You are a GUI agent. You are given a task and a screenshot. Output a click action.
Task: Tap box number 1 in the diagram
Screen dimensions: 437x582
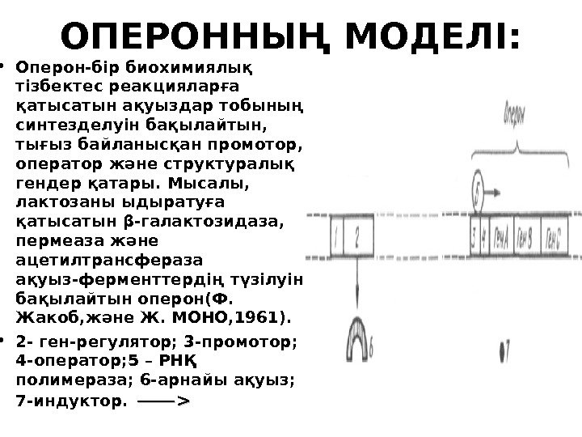334,240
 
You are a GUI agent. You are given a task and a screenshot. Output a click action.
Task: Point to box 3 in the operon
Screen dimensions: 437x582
474,240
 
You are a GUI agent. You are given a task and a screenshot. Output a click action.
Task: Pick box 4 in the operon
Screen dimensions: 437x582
485,240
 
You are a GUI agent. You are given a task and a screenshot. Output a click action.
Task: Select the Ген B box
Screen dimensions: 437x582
534,240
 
